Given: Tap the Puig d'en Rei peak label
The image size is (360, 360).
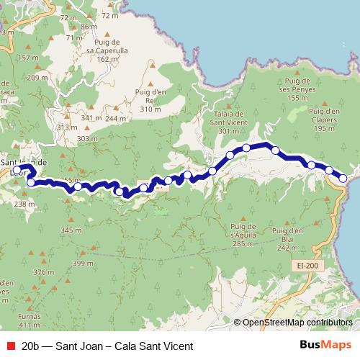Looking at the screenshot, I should (x=150, y=99).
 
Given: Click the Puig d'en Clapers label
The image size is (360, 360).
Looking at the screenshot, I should (x=323, y=117).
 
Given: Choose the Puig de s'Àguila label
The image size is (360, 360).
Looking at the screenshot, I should (x=243, y=233).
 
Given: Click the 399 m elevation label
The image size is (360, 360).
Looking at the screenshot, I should (x=83, y=264).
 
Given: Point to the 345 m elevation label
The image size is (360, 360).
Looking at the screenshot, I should (x=71, y=230).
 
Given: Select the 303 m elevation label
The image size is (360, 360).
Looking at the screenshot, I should (x=86, y=138).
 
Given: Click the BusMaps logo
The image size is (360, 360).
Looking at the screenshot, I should (x=325, y=346).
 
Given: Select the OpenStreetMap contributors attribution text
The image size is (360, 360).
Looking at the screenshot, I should (x=297, y=323).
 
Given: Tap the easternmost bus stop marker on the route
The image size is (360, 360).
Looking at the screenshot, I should (x=343, y=178).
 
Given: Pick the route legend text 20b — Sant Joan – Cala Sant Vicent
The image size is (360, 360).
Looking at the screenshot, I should (x=107, y=346).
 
